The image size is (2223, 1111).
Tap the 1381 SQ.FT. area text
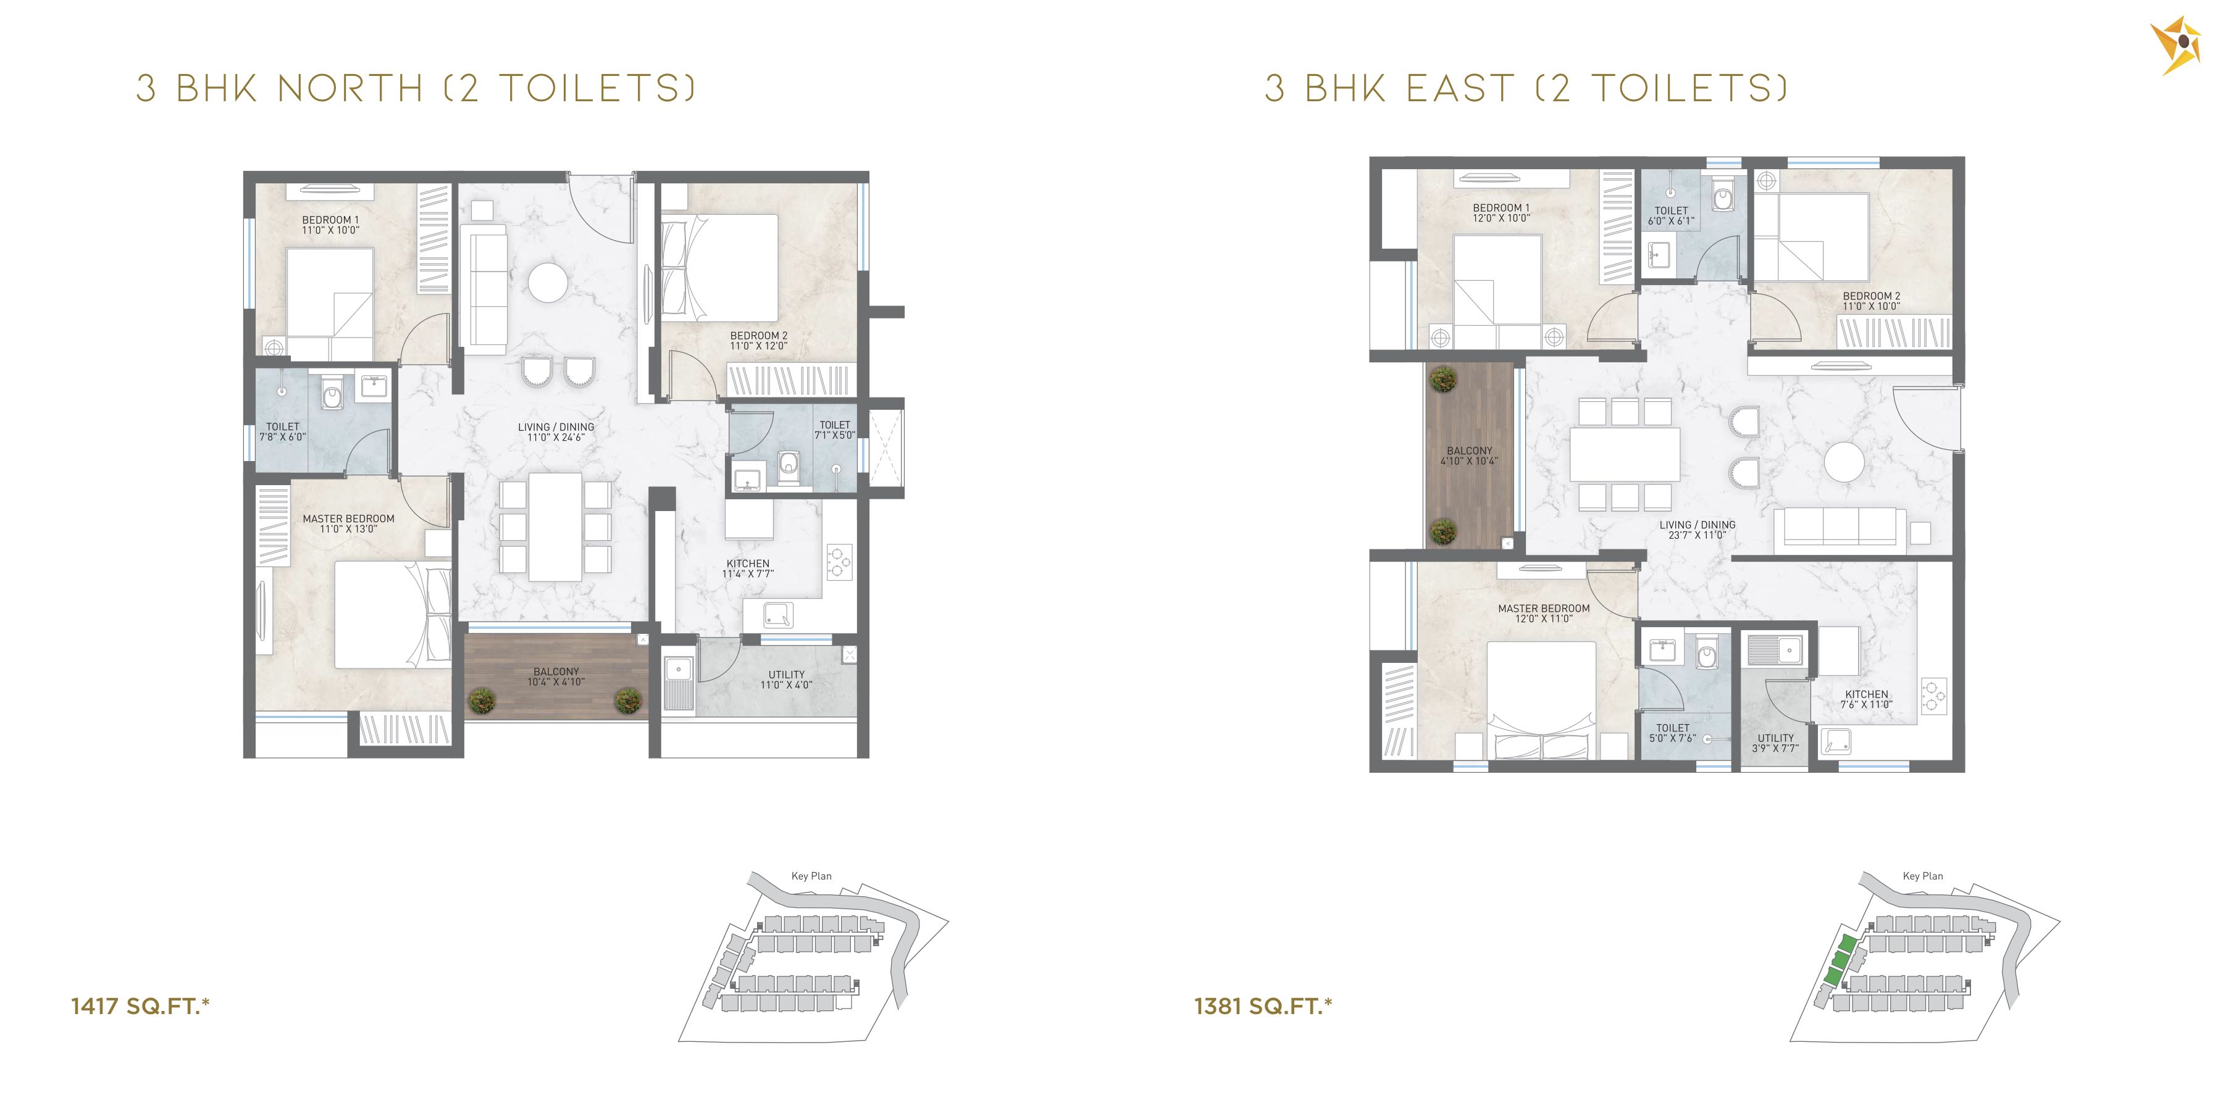[1263, 1006]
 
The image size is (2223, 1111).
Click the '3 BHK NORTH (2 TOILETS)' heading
[416, 89]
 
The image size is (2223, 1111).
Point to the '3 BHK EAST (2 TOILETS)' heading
[1526, 89]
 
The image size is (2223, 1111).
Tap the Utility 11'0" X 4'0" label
[786, 680]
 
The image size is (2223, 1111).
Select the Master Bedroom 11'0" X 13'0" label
[349, 523]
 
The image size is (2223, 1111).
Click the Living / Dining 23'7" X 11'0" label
[1698, 530]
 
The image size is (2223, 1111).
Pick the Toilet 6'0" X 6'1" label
[1672, 215]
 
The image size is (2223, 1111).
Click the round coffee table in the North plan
[548, 282]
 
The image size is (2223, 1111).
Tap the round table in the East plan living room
[1845, 462]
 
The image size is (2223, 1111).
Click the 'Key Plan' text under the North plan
[811, 875]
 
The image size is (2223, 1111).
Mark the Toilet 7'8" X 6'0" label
[283, 431]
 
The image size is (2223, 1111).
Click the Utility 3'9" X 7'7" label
[1776, 743]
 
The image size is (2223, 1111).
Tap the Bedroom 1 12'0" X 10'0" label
[1502, 213]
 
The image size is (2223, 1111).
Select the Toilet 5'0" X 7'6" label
[1672, 732]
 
